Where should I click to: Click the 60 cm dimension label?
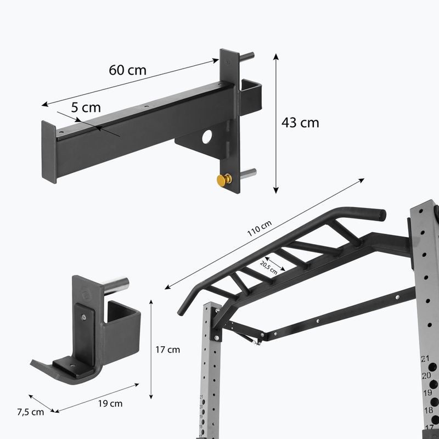127,70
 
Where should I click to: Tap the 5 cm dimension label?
86,108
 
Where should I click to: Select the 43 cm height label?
300,122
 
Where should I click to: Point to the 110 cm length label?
259,228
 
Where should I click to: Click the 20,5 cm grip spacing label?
269,268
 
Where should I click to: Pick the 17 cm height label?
168,350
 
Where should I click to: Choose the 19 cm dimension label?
110,403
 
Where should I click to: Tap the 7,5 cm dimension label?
31,412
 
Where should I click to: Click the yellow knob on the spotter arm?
224,180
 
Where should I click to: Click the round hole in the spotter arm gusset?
207,137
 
